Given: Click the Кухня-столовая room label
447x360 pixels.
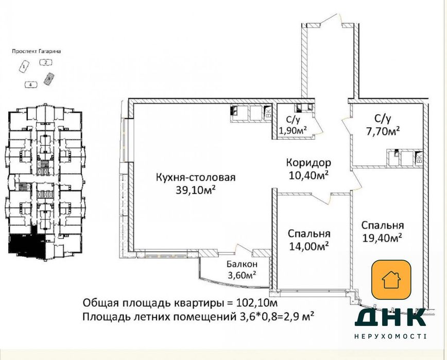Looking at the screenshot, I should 196,178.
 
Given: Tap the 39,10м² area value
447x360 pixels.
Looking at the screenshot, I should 196,190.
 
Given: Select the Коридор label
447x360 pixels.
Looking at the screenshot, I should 308,163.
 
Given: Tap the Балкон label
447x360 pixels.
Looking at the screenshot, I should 240,264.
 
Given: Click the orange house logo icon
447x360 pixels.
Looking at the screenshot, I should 391,280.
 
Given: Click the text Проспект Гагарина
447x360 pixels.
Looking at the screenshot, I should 35,52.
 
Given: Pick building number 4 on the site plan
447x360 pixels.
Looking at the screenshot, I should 31,84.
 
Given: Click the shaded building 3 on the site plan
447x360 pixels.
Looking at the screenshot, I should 49,78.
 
